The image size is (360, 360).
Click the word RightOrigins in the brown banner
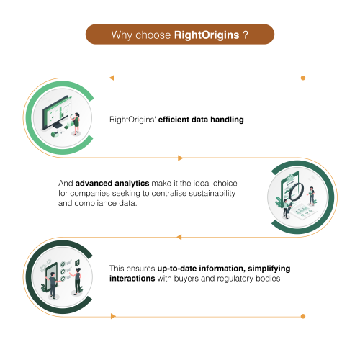click(x=207, y=35)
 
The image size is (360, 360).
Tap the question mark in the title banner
click(x=246, y=35)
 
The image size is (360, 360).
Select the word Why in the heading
click(x=122, y=35)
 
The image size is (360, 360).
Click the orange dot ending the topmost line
click(x=303, y=78)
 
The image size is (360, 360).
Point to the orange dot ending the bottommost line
click(x=303, y=316)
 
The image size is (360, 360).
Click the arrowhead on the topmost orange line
click(x=112, y=78)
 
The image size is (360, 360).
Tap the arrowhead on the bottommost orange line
click(x=114, y=316)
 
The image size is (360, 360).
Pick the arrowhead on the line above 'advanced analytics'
click(x=181, y=158)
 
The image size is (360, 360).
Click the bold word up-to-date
click(x=177, y=269)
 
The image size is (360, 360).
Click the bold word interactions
click(x=132, y=279)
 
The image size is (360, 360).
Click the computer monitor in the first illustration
click(x=57, y=112)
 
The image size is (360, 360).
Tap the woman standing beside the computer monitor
click(x=76, y=123)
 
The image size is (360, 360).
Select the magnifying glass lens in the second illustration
click(x=297, y=192)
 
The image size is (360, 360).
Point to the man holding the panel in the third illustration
click(x=53, y=285)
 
